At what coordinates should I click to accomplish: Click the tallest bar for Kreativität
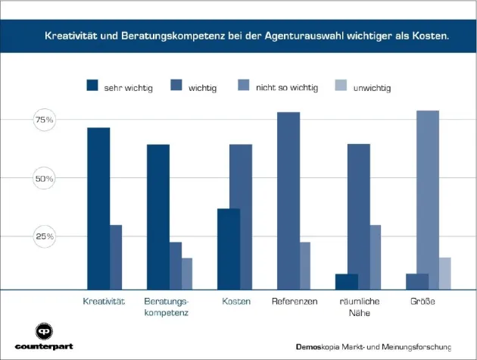click(x=98, y=208)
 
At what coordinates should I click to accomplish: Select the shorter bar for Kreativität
click(x=116, y=257)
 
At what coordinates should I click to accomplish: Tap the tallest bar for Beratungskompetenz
click(x=157, y=217)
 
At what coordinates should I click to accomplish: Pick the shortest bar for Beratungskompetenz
click(x=187, y=274)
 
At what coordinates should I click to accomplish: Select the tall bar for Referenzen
click(x=288, y=201)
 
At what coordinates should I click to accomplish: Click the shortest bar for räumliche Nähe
click(x=347, y=281)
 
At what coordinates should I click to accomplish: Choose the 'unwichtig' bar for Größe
click(x=445, y=273)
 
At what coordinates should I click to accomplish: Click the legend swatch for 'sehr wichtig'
click(x=93, y=87)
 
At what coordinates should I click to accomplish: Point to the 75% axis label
click(x=44, y=121)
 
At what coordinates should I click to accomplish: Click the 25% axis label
click(x=44, y=236)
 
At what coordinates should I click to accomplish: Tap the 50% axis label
click(x=44, y=179)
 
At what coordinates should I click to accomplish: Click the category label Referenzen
click(x=294, y=302)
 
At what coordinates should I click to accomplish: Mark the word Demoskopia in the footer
click(x=317, y=347)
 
